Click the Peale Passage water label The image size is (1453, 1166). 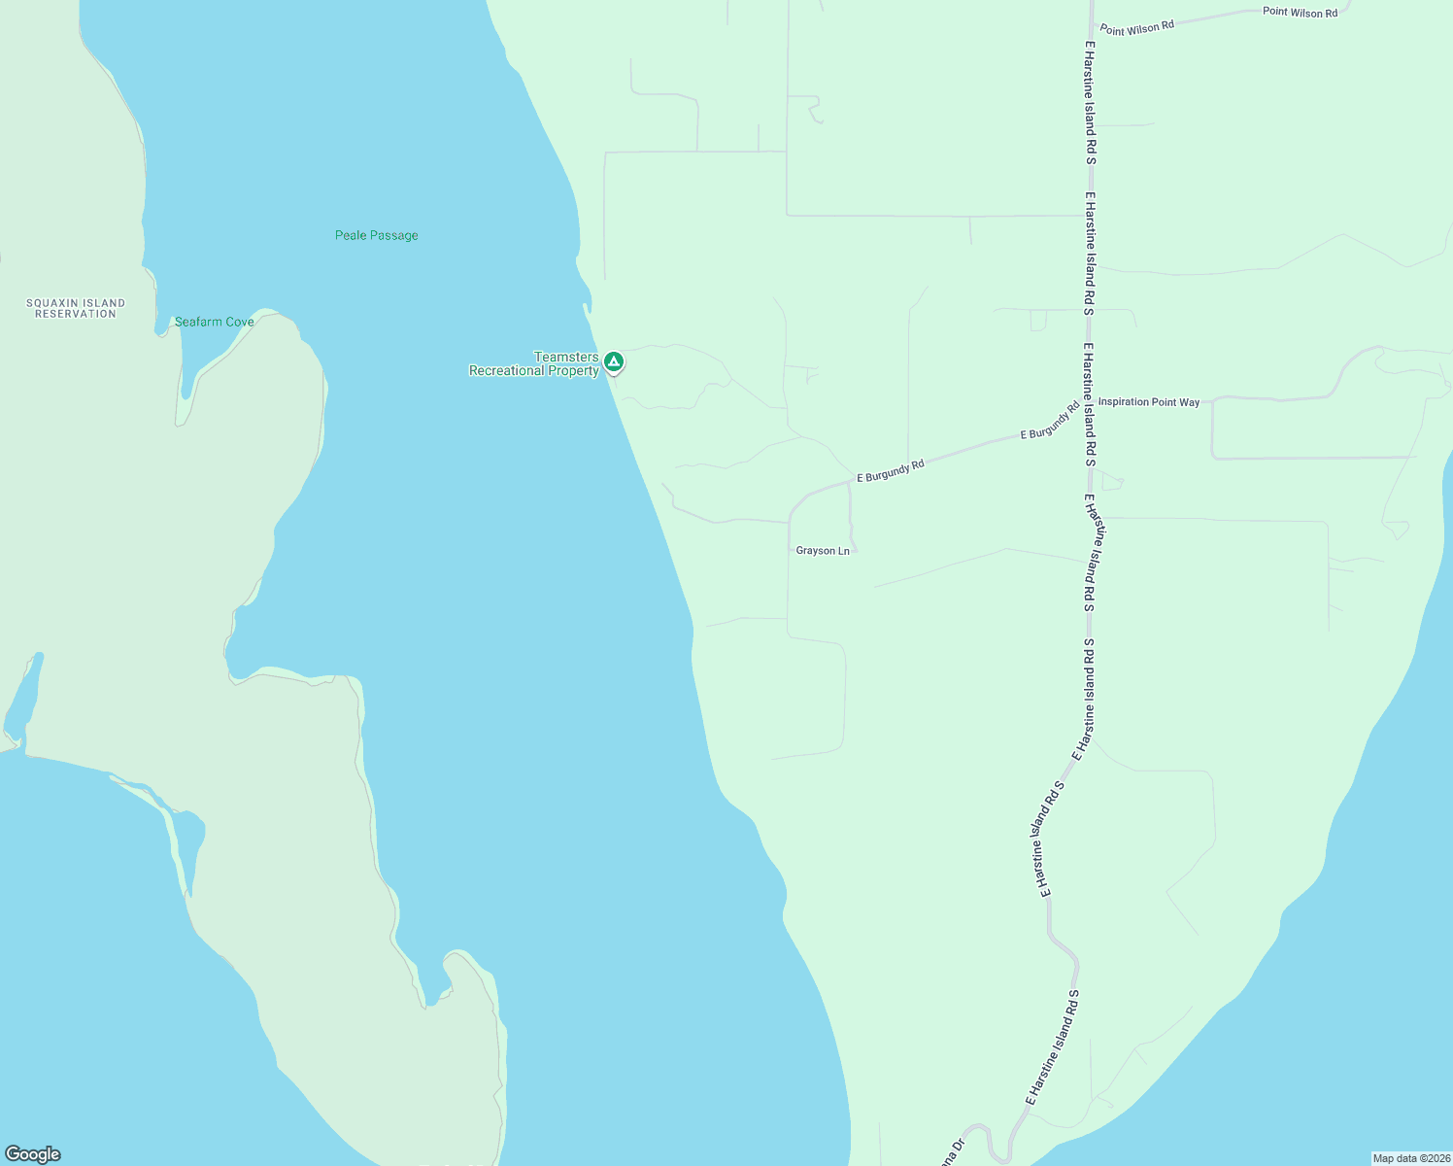click(376, 235)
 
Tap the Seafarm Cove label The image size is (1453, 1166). click(214, 322)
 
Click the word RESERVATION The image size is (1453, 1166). click(76, 314)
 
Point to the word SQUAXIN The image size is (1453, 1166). click(76, 303)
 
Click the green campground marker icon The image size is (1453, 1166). click(613, 362)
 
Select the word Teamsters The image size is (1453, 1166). click(566, 358)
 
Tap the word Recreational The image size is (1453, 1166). click(506, 371)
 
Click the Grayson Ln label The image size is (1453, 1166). click(823, 551)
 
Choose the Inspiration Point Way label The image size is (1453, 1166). click(1149, 402)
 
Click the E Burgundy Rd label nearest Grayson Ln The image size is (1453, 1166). click(891, 471)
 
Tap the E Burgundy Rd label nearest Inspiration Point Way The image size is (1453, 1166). click(1050, 422)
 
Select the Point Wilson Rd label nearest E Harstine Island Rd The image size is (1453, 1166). click(1136, 28)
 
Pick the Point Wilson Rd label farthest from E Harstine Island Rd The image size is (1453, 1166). click(1300, 13)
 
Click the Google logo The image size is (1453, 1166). click(33, 1154)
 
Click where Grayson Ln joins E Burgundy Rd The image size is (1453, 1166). click(850, 483)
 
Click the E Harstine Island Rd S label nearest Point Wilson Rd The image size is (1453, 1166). click(1091, 102)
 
